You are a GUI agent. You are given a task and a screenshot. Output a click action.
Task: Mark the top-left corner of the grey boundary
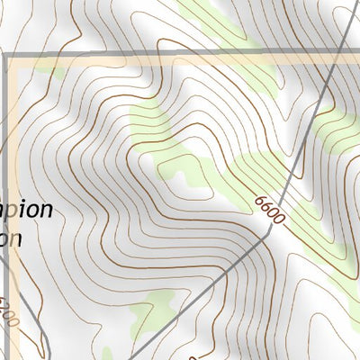coord(8,56)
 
